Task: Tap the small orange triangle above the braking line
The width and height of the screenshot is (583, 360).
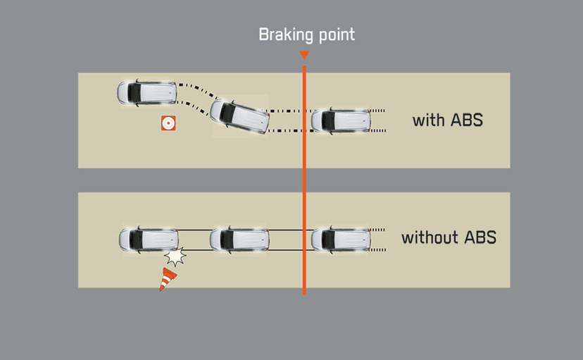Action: (x=304, y=55)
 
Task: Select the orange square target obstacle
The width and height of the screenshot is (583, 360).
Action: (x=168, y=123)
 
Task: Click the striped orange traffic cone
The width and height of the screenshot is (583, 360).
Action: (x=168, y=278)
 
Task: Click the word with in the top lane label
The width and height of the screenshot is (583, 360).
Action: (x=429, y=120)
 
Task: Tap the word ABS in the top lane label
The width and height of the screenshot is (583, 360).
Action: (x=466, y=120)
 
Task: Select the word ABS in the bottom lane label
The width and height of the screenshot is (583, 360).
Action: (x=479, y=237)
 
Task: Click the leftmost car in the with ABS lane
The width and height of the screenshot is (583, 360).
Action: (x=146, y=92)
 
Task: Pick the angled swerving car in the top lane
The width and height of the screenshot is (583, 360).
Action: (x=239, y=117)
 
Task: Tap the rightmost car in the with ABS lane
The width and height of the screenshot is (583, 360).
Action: (x=341, y=120)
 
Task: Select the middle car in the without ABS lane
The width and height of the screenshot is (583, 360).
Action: (x=240, y=240)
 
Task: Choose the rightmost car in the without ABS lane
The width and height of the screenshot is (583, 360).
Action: (x=341, y=240)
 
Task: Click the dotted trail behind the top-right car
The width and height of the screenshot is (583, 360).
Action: (x=378, y=120)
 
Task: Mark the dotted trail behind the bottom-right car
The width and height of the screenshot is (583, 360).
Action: (x=378, y=240)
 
